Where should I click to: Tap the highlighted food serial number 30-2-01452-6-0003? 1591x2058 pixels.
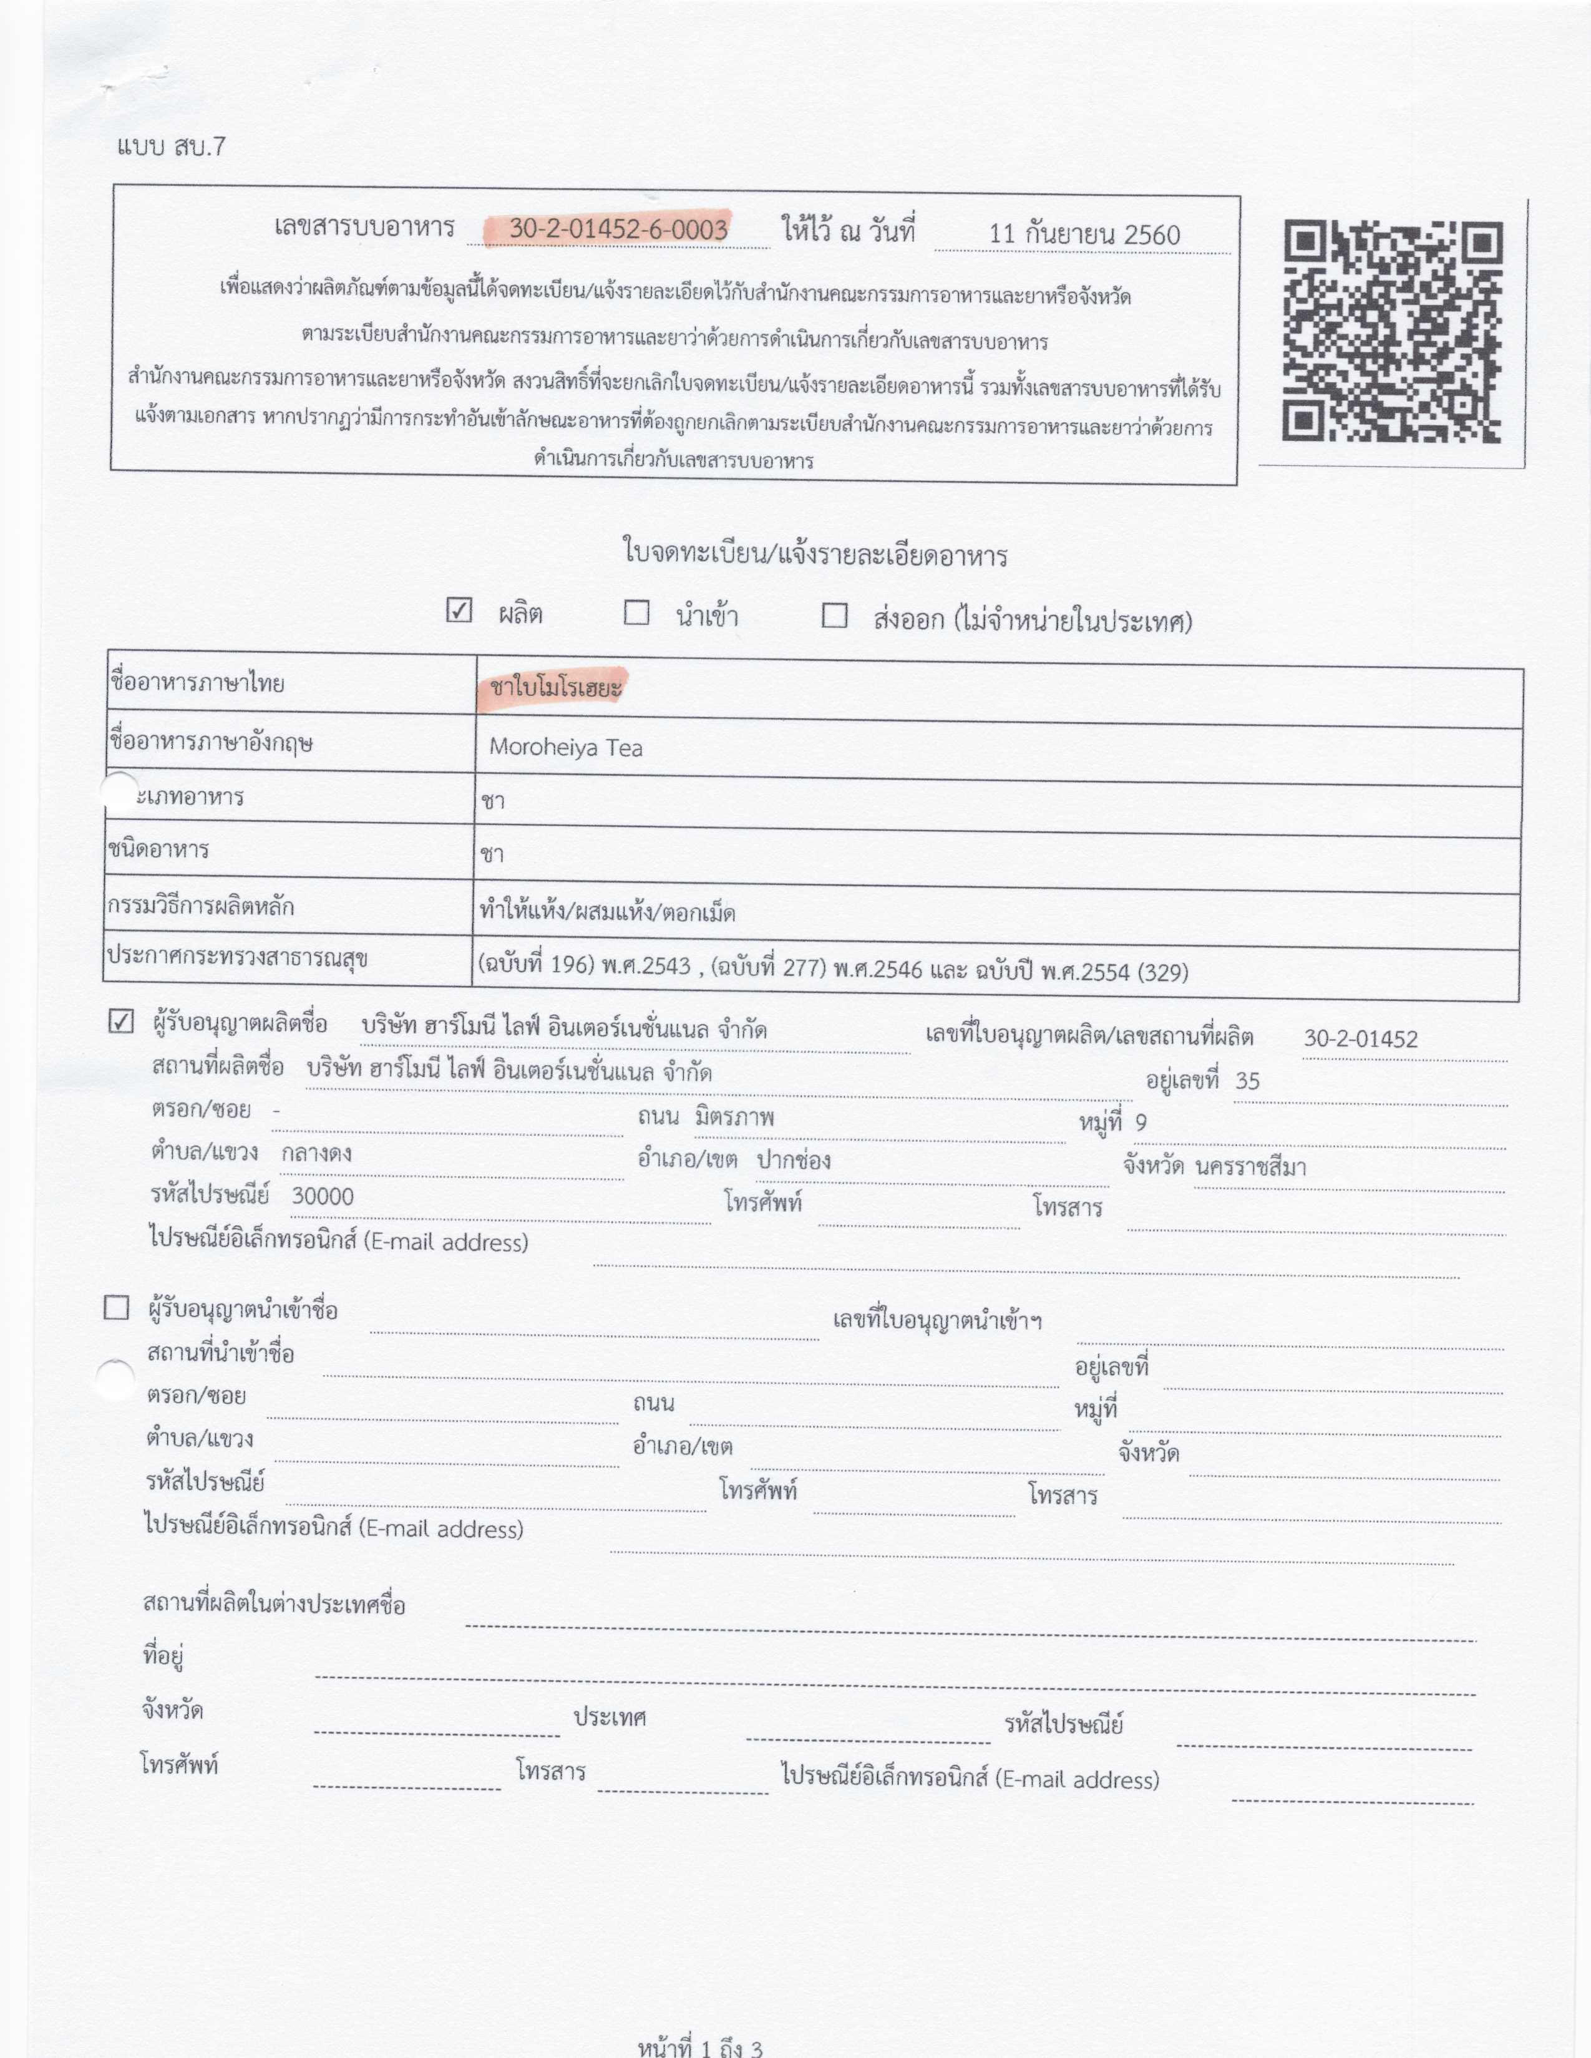618,229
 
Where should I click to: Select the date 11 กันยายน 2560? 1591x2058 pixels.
1084,234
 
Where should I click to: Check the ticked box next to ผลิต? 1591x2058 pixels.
459,611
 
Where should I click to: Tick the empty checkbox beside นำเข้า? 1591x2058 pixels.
637,614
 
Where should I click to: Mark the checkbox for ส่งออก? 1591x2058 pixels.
834,616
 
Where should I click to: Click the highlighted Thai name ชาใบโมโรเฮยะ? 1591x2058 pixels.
556,688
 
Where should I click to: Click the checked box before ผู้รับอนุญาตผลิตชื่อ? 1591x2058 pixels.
122,1022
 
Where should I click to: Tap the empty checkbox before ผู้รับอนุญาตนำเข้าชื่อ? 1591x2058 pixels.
117,1308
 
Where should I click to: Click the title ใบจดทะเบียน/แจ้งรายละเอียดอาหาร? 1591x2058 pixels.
814,554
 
